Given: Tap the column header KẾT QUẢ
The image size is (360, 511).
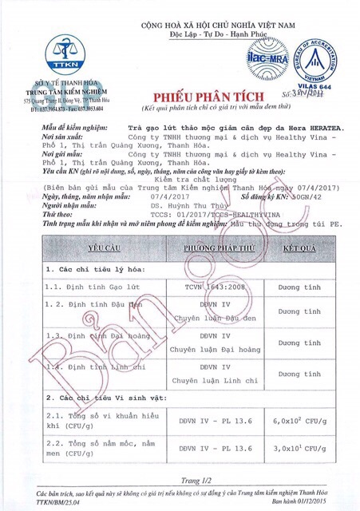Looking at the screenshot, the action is coord(300,226).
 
